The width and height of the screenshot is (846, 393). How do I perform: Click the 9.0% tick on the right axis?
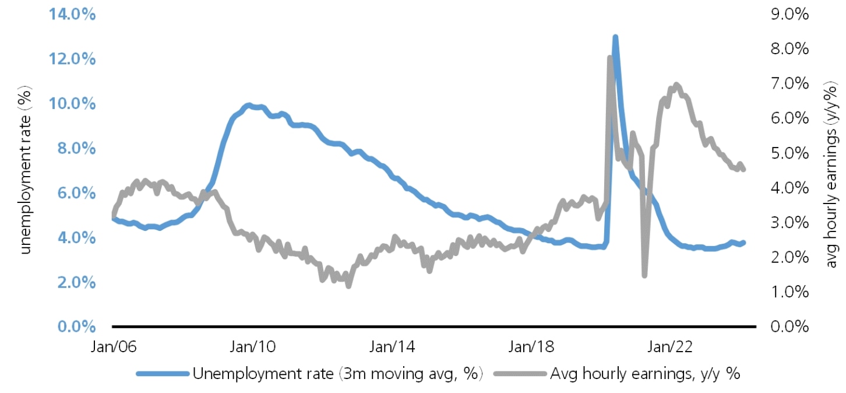point(789,15)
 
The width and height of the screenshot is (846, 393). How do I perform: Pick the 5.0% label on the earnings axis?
point(789,153)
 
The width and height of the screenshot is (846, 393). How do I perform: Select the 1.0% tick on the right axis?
point(789,292)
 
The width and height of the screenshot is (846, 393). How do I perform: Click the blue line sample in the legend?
point(162,374)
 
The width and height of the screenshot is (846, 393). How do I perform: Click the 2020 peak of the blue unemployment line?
point(615,38)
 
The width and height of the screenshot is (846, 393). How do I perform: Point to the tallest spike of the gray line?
point(609,58)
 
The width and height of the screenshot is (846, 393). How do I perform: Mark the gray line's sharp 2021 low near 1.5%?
point(644,275)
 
